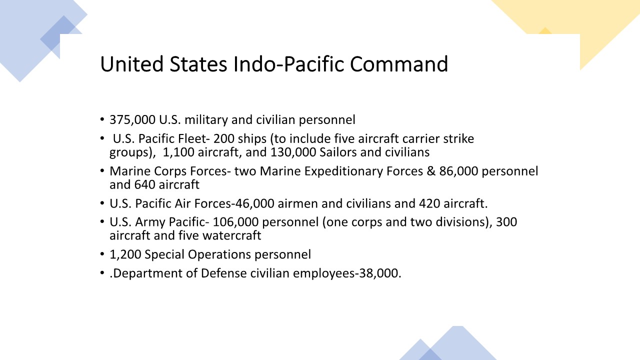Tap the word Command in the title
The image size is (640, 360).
tap(399, 63)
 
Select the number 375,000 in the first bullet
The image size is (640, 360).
tap(132, 119)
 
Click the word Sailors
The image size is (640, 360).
tap(338, 152)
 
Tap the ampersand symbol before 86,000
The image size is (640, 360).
tap(431, 171)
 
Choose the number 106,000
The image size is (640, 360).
tap(235, 222)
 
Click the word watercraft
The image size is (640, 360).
tap(231, 235)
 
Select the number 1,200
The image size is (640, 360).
tap(125, 254)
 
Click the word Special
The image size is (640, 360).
tap(164, 254)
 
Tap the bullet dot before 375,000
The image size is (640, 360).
tap(102, 119)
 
